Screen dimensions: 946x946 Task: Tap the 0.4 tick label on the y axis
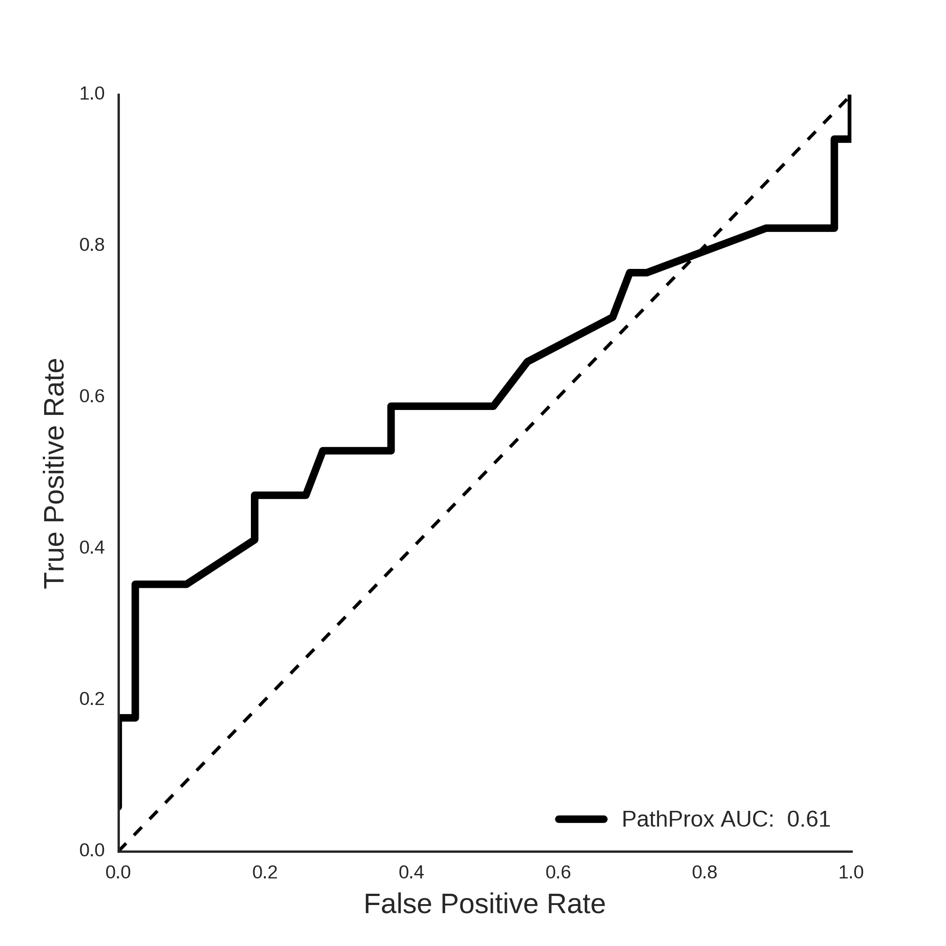92,548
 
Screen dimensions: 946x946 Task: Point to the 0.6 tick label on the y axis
92,396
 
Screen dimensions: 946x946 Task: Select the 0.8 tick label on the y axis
92,245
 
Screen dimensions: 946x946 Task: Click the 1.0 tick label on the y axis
92,93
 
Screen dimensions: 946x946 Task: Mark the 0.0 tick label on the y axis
92,850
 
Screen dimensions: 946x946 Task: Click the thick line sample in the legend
582,819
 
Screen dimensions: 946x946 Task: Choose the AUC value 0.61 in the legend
809,819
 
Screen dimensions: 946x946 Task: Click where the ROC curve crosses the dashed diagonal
701,250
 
